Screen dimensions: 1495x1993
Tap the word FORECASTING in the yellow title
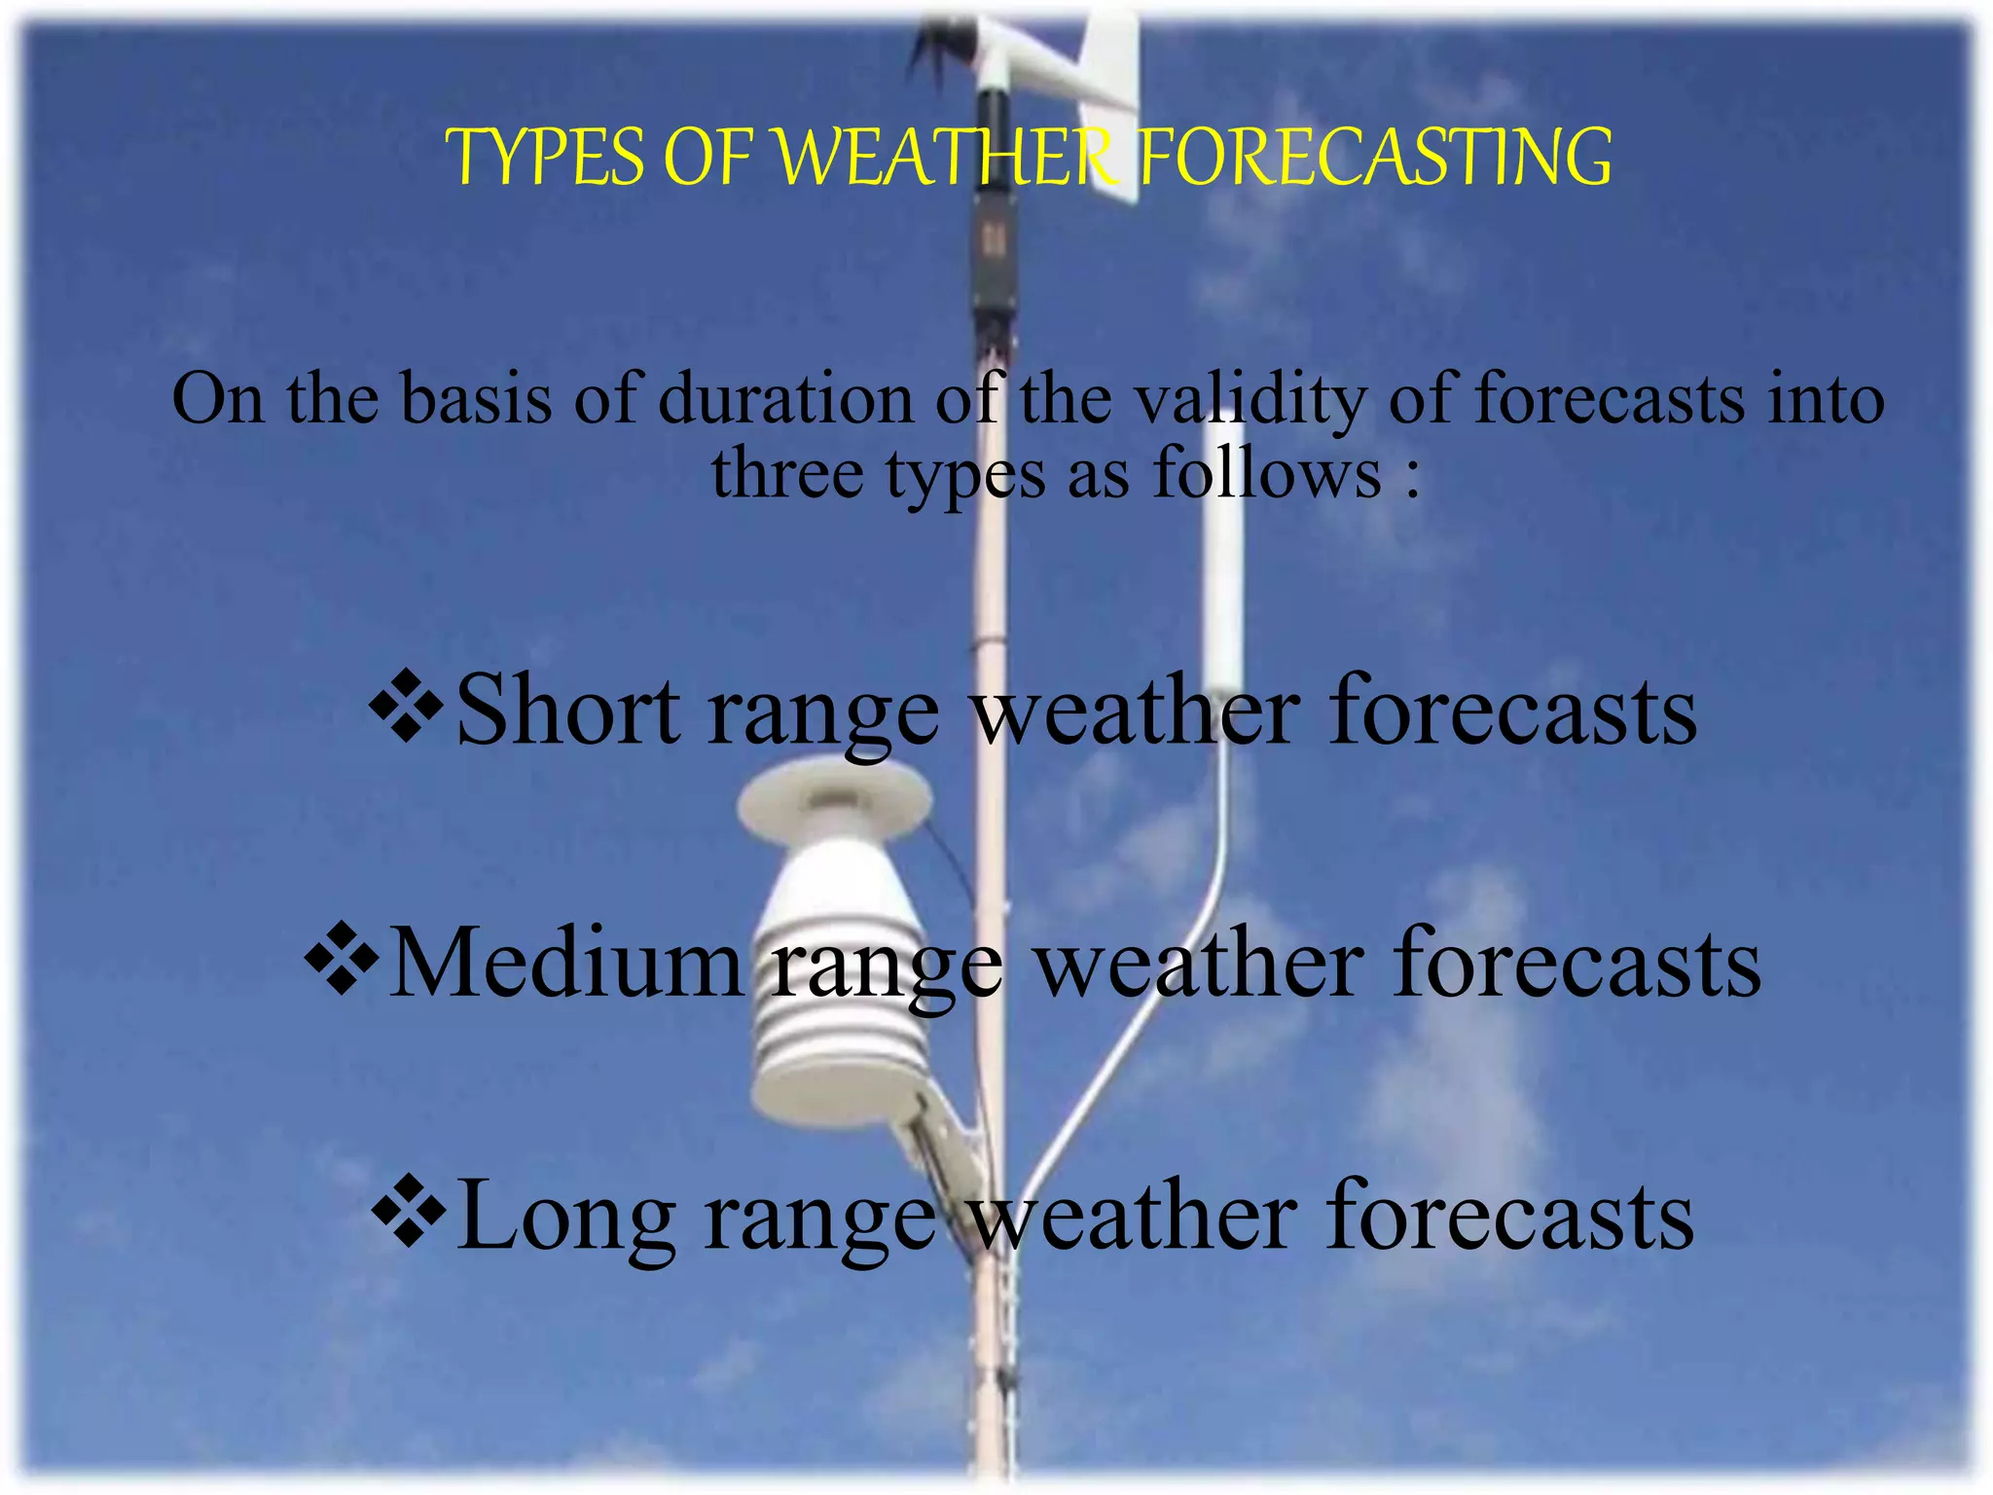click(x=1374, y=158)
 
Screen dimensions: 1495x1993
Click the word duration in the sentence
click(x=785, y=399)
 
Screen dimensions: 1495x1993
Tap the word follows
click(x=1266, y=474)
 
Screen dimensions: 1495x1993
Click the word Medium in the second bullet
click(x=565, y=964)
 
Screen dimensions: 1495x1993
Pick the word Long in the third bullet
click(x=565, y=1217)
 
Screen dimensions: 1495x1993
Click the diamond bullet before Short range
click(x=407, y=709)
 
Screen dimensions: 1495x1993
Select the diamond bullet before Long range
click(x=409, y=1213)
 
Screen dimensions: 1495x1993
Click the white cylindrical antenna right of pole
click(x=1222, y=603)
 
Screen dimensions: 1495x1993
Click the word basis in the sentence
click(x=476, y=399)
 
